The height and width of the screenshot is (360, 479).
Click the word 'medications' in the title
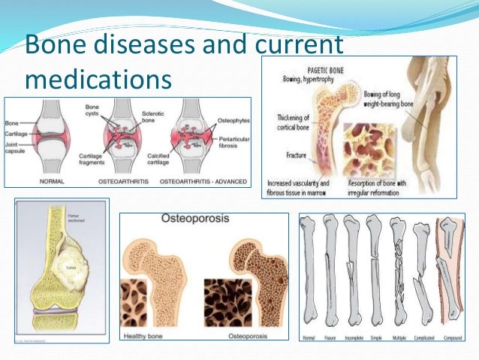pyautogui.click(x=98, y=77)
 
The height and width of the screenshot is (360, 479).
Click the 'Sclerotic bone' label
pyautogui.click(x=153, y=115)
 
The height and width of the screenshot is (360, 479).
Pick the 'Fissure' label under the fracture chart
pyautogui.click(x=330, y=338)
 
